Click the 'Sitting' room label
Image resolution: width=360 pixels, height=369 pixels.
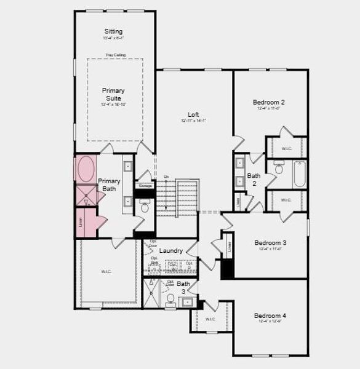(113, 31)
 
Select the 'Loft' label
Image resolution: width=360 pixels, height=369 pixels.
(193, 114)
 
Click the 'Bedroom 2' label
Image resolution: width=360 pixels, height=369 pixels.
(269, 102)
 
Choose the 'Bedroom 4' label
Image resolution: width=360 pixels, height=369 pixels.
(270, 315)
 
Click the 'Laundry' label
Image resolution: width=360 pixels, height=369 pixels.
(170, 251)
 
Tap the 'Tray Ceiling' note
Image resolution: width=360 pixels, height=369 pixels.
(115, 55)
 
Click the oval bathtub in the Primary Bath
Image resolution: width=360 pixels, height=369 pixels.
(84, 169)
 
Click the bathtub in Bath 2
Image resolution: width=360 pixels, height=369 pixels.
(300, 175)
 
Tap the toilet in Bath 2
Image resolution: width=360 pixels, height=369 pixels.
(278, 167)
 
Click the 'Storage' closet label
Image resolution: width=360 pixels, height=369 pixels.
(145, 185)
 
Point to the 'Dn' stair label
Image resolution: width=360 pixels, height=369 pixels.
(166, 177)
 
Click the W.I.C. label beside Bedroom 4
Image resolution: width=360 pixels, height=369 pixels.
(210, 319)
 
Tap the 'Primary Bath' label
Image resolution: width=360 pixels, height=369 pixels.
(109, 184)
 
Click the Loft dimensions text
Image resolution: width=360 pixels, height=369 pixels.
(193, 121)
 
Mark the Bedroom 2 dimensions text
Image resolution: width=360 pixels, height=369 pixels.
(269, 109)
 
